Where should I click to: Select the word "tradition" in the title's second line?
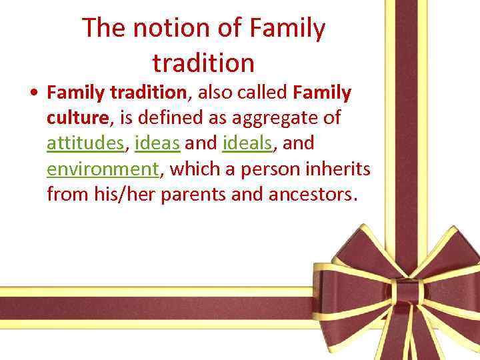click(203, 63)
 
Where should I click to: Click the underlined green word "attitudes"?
click(85, 143)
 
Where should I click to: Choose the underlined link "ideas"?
click(157, 143)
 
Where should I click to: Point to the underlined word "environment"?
click(103, 169)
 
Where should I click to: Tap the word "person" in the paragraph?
click(269, 169)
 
